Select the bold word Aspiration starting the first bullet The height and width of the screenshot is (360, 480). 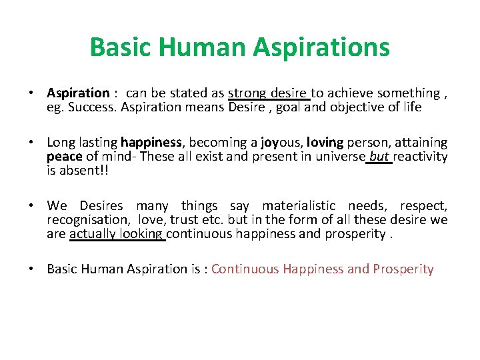(78, 93)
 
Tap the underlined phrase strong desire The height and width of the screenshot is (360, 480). (268, 93)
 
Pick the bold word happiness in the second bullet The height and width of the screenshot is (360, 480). (151, 143)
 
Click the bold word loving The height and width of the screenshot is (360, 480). (325, 143)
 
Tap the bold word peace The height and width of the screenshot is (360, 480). (63, 157)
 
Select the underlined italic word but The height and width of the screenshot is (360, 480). (379, 157)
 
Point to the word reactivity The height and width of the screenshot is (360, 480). (421, 157)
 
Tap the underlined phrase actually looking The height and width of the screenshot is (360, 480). (117, 234)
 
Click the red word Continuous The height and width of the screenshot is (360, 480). (245, 269)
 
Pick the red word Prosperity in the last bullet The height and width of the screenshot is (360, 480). (403, 269)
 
